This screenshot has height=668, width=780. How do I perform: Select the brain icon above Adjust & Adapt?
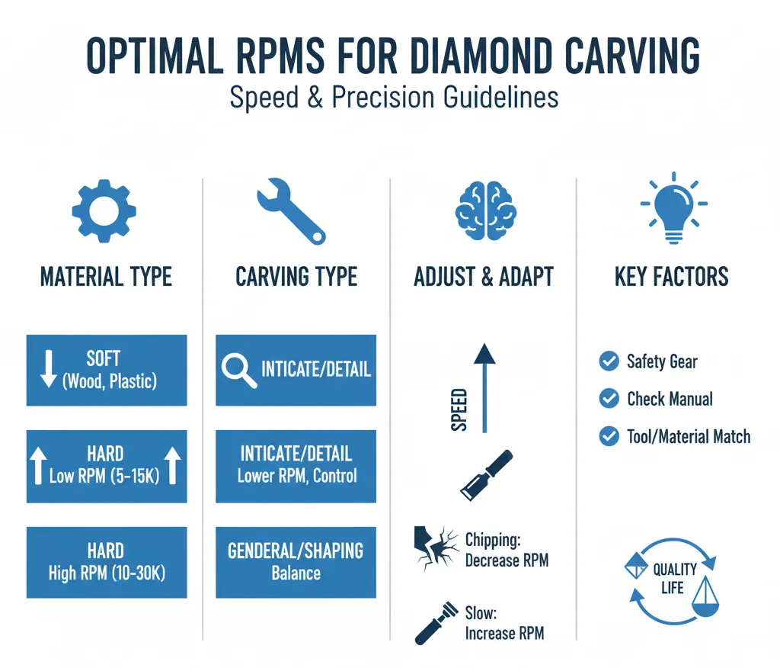[485, 206]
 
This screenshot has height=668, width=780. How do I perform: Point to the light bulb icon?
[671, 205]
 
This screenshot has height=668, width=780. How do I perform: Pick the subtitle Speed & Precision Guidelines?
[394, 98]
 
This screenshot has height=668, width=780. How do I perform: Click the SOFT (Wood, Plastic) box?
[107, 370]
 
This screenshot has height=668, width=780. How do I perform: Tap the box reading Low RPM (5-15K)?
[107, 466]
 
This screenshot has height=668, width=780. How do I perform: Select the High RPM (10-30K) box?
[107, 561]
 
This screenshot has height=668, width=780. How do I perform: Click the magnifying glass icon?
[238, 370]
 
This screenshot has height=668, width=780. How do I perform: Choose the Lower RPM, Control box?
[296, 466]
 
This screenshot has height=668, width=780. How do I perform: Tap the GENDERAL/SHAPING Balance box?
[296, 561]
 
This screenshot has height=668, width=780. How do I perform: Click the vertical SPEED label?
[459, 410]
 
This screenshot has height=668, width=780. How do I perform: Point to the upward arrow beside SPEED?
[484, 388]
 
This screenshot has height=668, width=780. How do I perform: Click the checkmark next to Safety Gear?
[609, 361]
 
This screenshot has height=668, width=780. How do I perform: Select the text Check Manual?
[670, 399]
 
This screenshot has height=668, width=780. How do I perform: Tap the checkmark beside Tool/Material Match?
[609, 436]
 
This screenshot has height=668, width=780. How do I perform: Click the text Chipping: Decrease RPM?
[506, 550]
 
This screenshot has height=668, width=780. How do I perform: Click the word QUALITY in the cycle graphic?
[674, 569]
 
